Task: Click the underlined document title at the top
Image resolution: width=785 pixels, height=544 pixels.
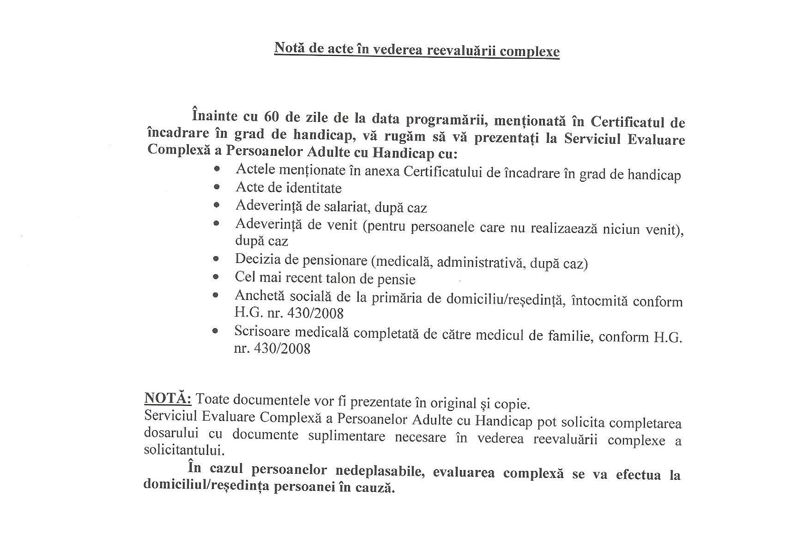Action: click(417, 49)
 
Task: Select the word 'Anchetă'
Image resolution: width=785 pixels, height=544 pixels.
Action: click(255, 295)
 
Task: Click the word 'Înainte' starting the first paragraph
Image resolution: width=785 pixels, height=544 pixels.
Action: click(214, 114)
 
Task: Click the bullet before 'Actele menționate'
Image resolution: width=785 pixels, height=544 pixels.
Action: click(217, 169)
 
